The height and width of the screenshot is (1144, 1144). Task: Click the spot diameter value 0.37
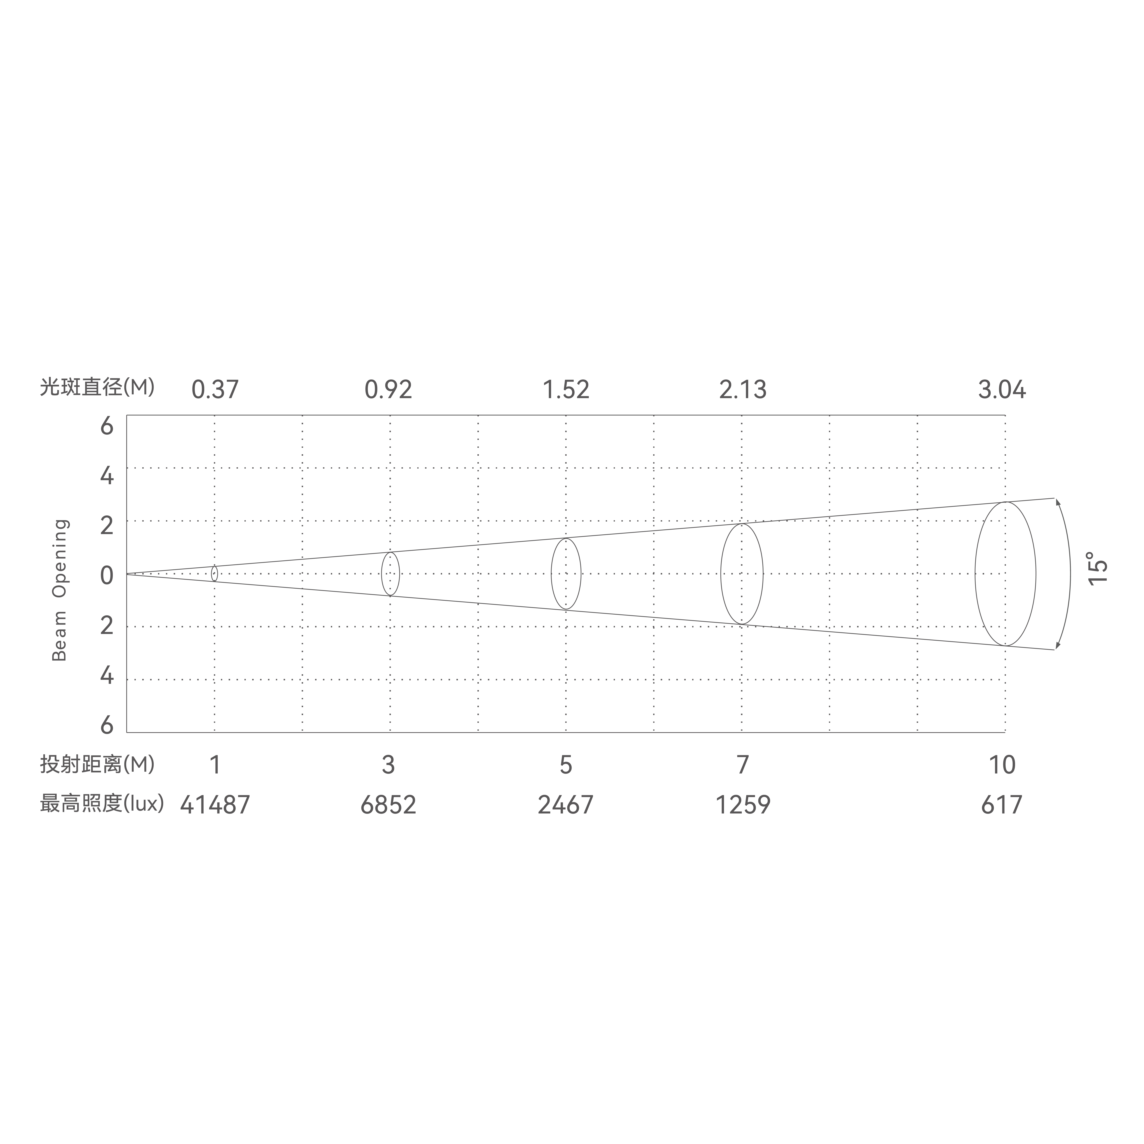click(x=215, y=390)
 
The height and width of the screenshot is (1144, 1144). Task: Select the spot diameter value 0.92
click(x=388, y=390)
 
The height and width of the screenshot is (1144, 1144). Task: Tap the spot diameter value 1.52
click(x=566, y=390)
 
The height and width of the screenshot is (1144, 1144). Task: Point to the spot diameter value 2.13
click(x=743, y=390)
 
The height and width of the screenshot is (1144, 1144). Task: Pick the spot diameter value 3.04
click(x=1002, y=390)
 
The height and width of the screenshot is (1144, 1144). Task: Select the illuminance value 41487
click(x=215, y=805)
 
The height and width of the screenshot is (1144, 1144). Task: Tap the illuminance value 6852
click(x=388, y=805)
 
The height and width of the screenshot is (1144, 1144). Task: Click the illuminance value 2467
click(x=565, y=805)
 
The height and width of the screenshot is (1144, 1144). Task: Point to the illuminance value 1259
click(x=743, y=805)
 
